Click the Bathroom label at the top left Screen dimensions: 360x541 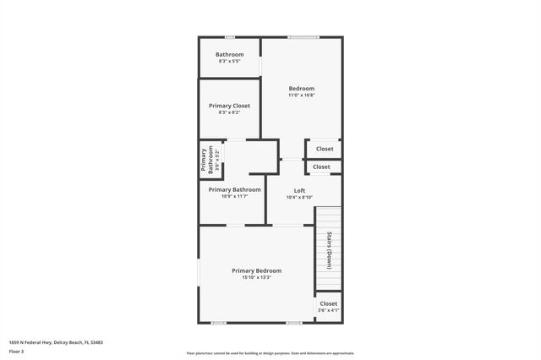229,54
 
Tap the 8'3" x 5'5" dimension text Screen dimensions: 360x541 229,61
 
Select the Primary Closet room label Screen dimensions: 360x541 229,106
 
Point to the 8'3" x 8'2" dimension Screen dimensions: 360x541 229,112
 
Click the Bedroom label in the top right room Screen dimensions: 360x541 301,89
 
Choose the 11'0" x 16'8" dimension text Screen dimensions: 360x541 301,95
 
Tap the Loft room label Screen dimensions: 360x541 299,190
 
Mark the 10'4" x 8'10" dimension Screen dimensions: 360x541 299,197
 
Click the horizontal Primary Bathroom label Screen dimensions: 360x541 234,189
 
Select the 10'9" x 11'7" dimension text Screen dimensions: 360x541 234,197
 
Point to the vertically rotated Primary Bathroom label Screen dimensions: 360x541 204,161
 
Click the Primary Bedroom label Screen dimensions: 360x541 256,270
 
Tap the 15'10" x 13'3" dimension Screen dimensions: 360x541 256,277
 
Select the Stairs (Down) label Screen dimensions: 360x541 328,249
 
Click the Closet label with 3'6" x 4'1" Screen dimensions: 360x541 328,303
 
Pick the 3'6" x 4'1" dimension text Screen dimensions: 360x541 328,310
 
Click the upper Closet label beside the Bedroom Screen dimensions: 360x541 325,149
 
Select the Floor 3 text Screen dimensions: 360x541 16,351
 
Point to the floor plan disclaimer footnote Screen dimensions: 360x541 270,353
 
